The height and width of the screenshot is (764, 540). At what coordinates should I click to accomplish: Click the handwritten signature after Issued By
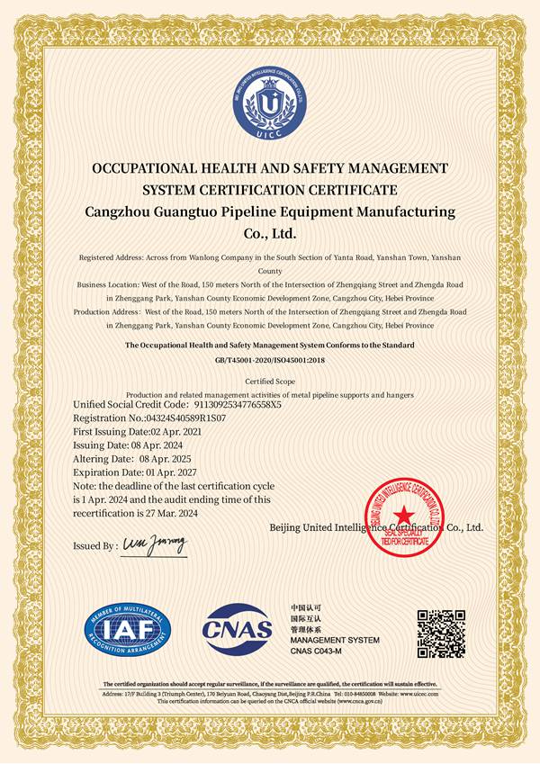pos(154,544)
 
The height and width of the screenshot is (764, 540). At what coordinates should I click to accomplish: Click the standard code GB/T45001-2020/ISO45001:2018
pos(269,359)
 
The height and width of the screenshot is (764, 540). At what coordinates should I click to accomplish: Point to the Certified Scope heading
pos(270,382)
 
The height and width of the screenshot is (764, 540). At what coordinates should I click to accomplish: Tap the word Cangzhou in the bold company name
pos(121,212)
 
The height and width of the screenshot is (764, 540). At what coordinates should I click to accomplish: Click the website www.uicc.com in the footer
pos(419,695)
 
